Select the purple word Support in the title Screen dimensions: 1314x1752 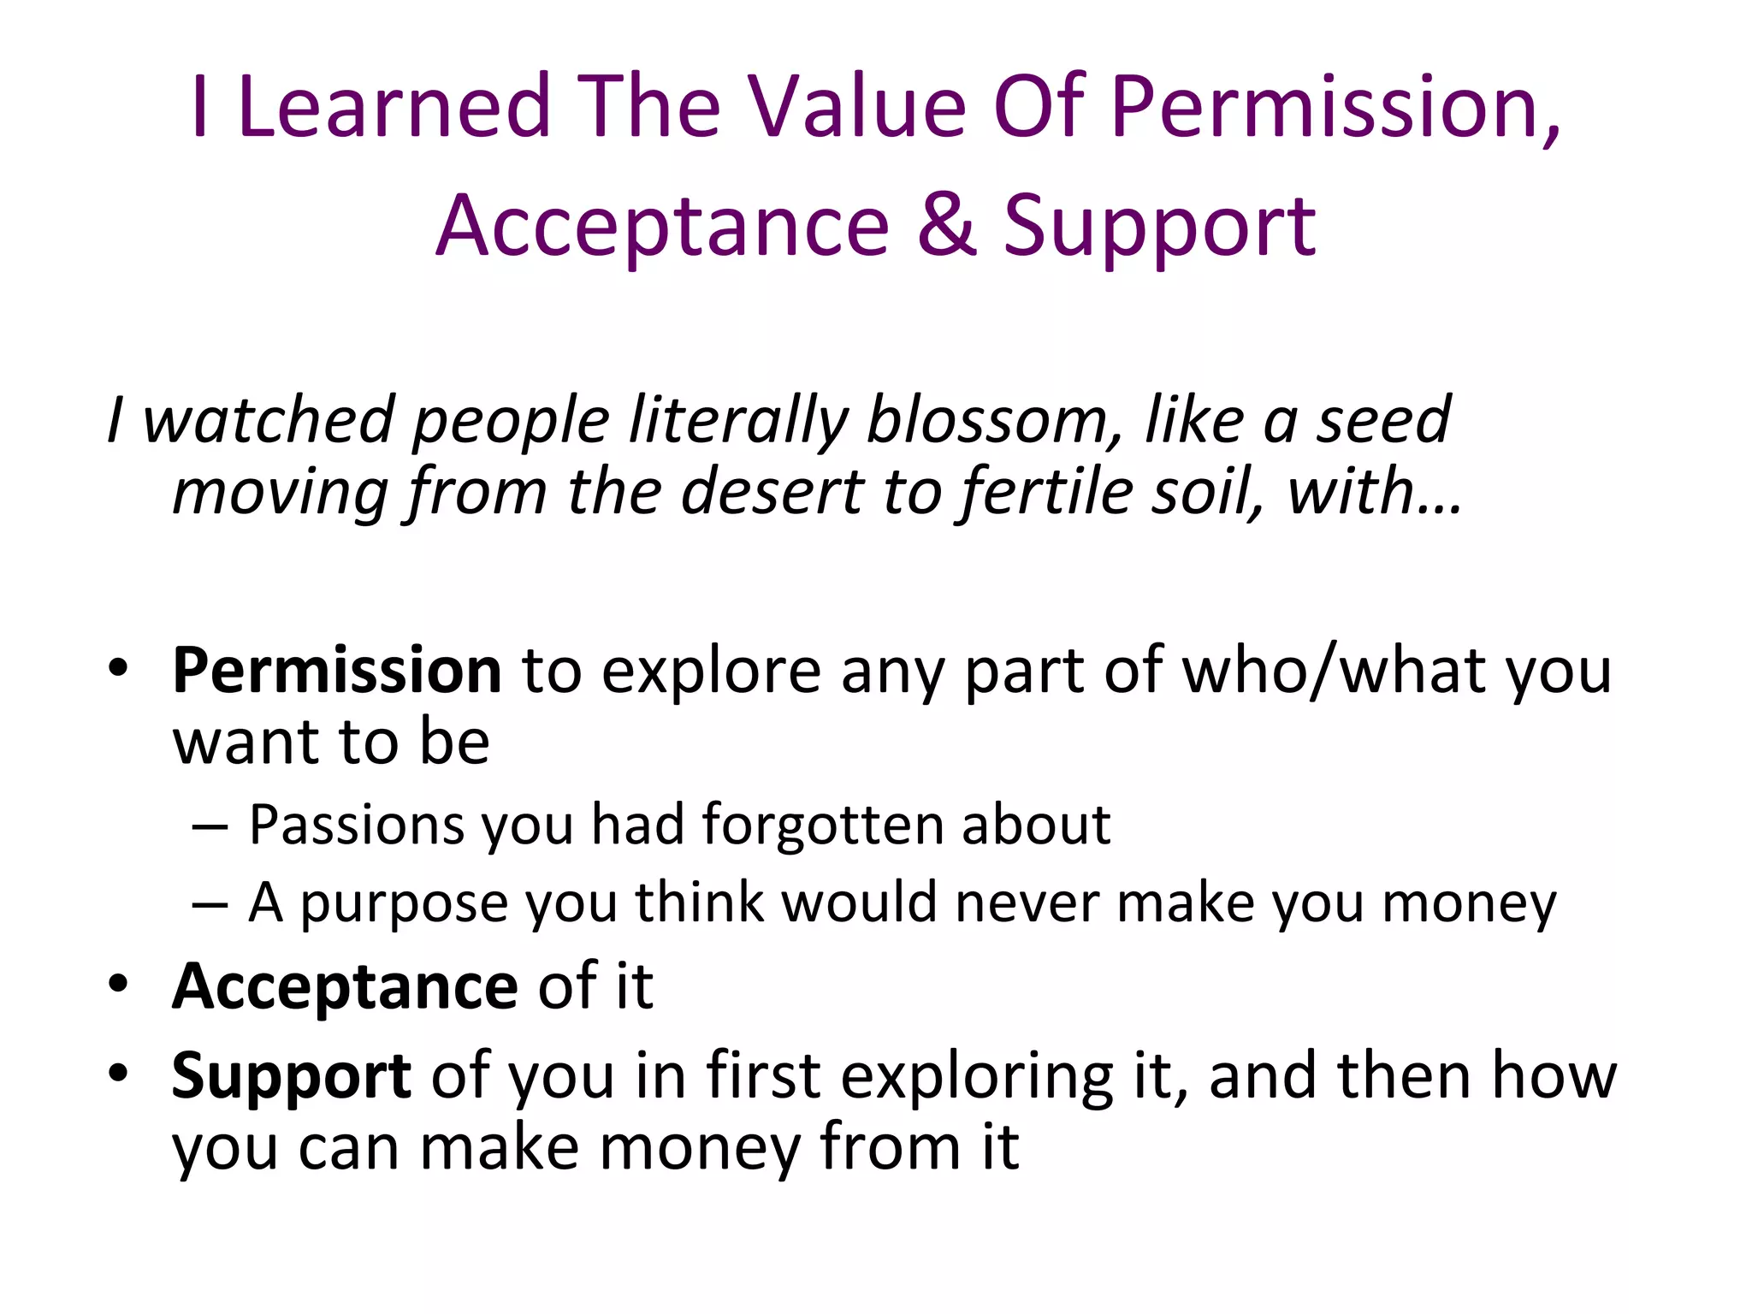click(1159, 226)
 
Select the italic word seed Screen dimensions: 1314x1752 click(1382, 421)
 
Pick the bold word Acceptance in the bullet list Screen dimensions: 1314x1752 click(345, 986)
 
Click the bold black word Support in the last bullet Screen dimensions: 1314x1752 click(291, 1076)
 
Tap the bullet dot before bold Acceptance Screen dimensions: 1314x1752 click(118, 985)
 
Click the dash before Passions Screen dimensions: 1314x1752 click(210, 827)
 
